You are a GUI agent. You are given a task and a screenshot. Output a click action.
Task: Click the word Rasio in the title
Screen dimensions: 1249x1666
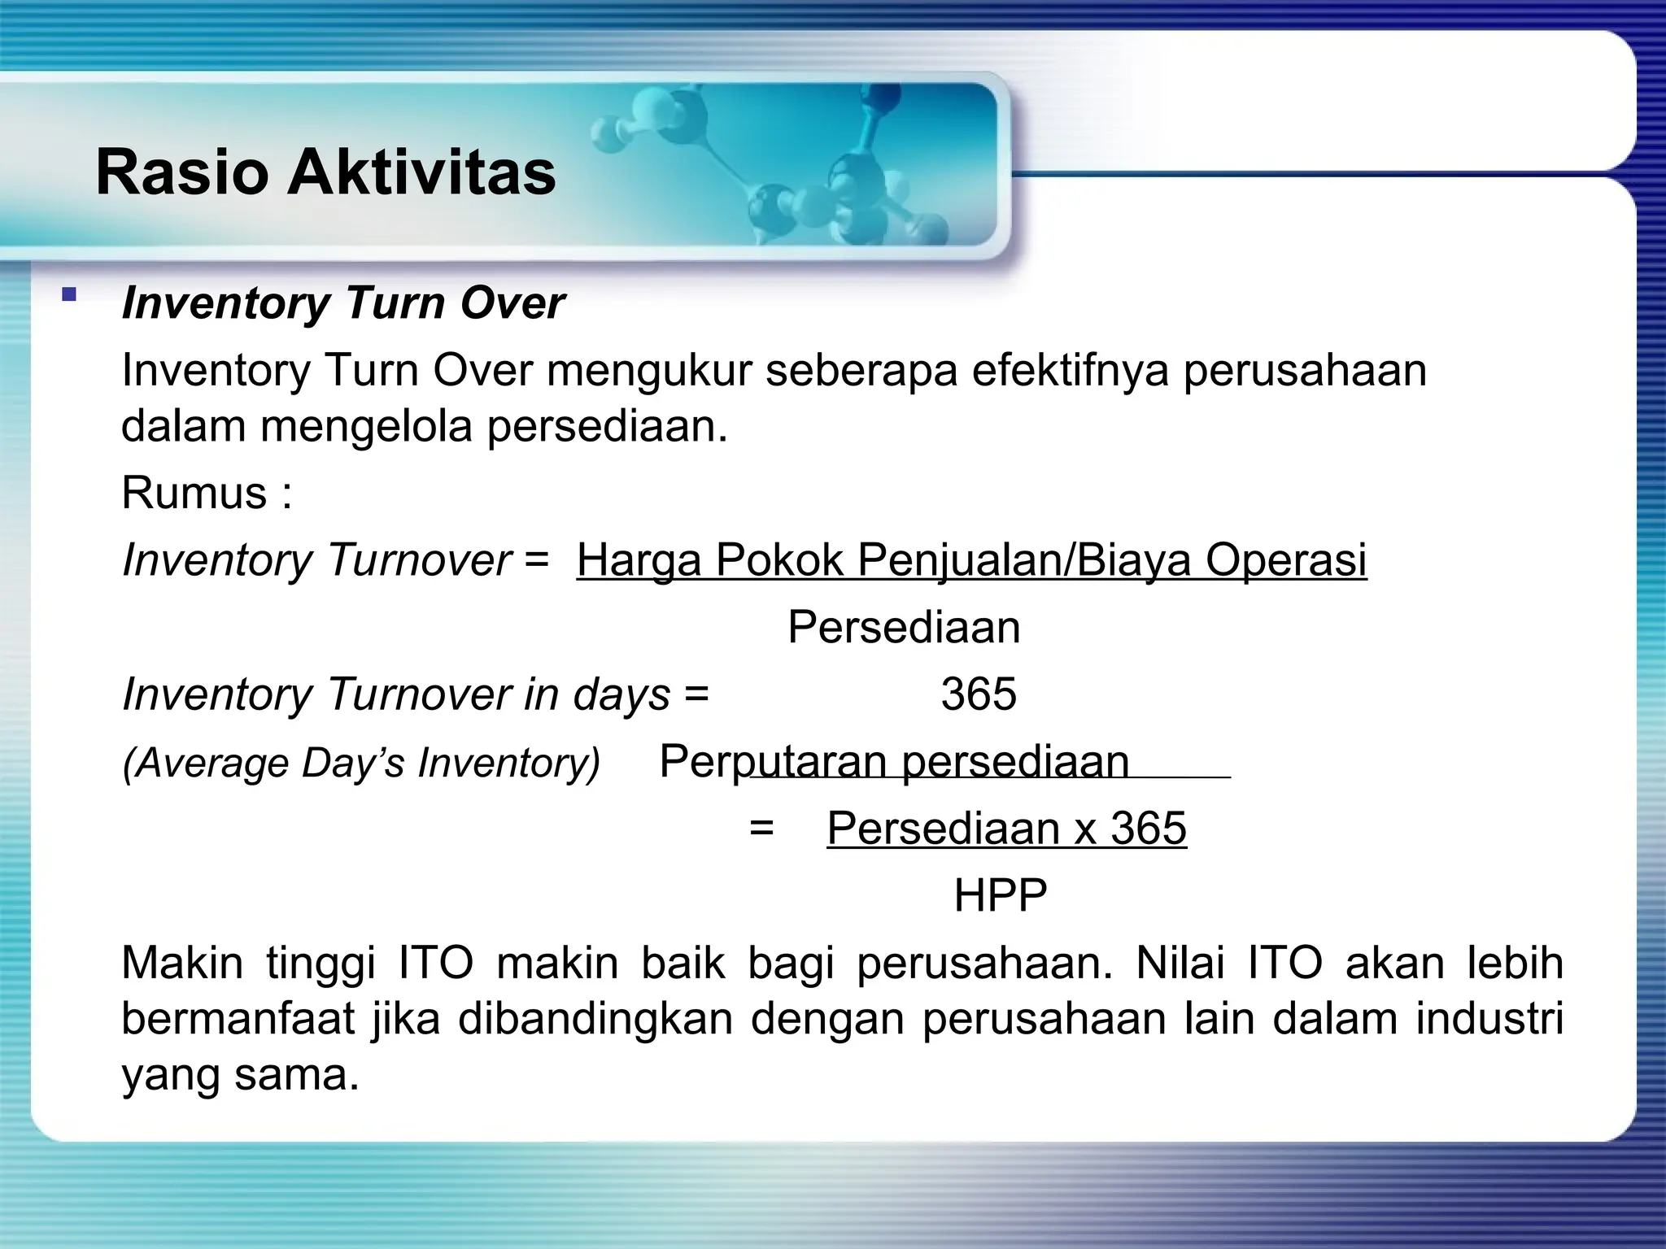coord(181,172)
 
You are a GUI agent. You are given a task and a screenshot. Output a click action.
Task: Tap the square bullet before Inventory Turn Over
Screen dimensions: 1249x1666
coord(69,294)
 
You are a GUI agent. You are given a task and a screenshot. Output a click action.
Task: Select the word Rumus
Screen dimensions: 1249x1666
coord(194,493)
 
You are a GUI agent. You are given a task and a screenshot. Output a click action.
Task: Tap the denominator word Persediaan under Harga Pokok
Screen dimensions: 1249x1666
coord(903,628)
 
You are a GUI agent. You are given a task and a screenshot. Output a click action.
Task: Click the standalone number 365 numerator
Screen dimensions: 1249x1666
coord(979,694)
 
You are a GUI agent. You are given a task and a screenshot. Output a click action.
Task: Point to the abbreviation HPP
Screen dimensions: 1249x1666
coord(1000,896)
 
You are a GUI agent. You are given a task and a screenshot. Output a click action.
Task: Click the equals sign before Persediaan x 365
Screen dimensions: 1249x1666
coord(761,829)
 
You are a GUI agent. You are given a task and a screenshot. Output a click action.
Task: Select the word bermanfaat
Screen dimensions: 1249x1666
coord(238,1019)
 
